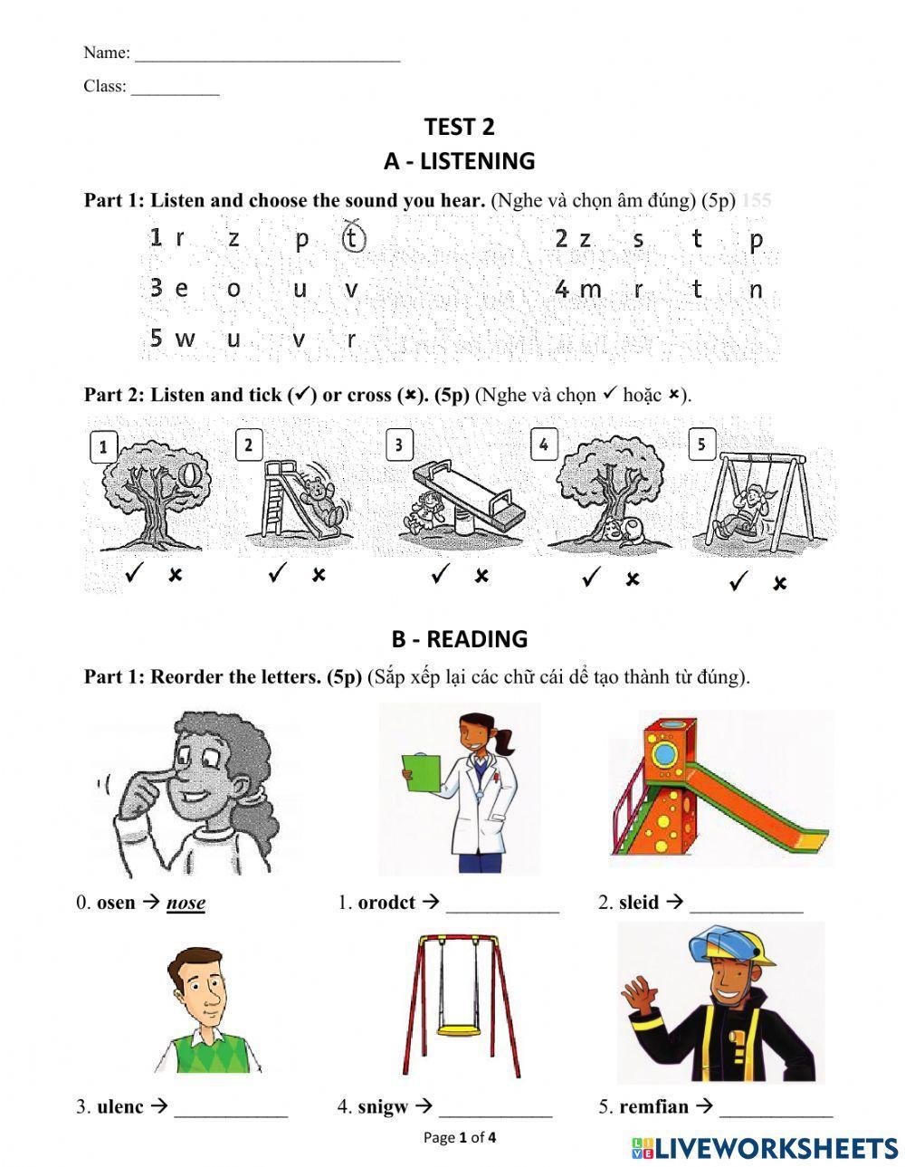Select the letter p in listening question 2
757,239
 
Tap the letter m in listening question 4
590,290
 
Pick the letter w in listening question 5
186,340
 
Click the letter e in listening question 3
182,290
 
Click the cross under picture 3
481,576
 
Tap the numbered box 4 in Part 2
543,445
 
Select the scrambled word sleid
639,903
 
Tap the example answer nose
186,903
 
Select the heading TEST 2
459,127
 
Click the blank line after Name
267,54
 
